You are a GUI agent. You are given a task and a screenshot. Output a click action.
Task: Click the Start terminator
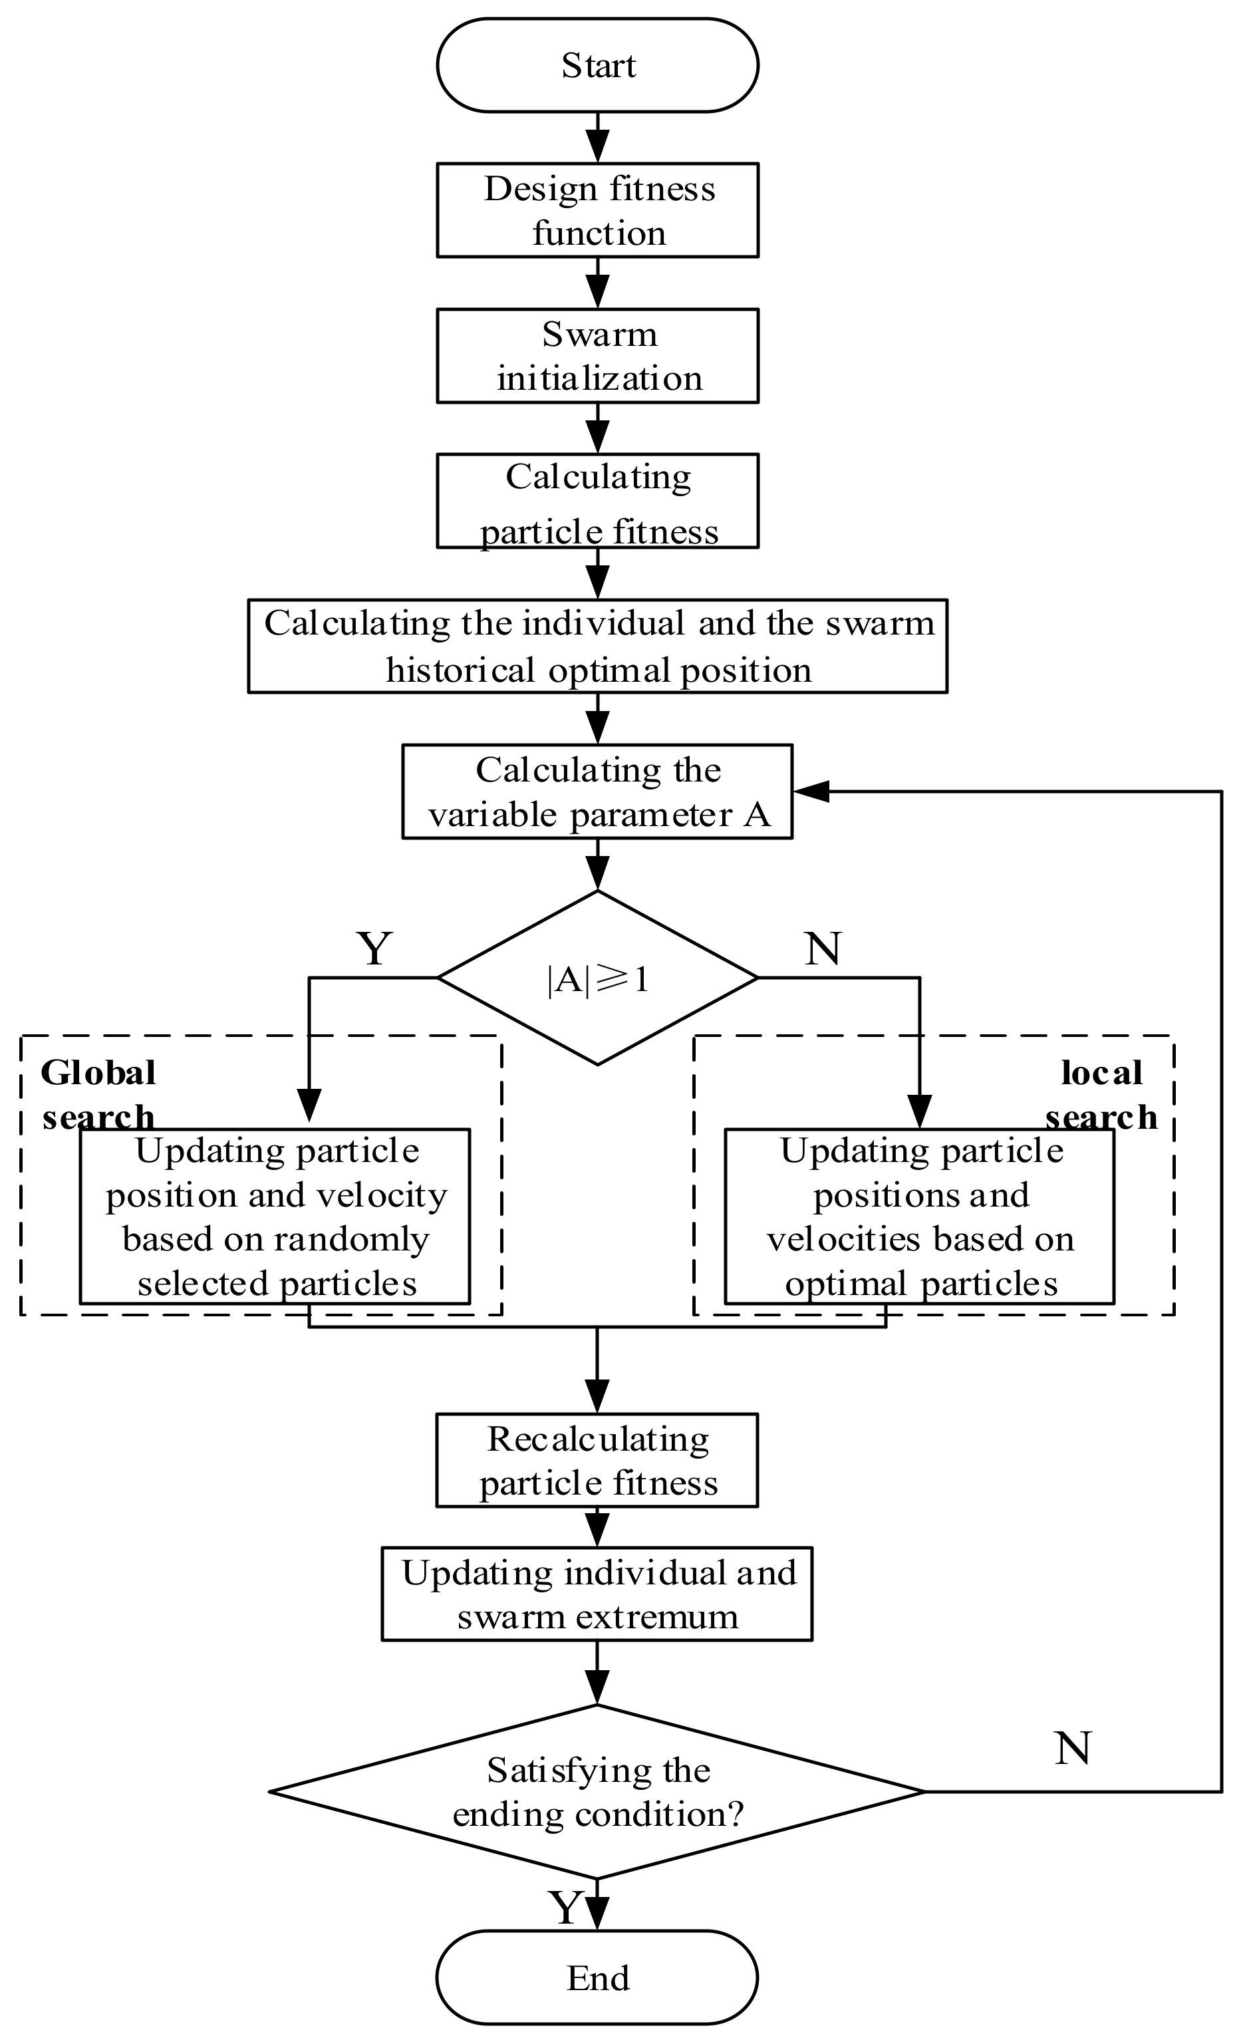pyautogui.click(x=597, y=65)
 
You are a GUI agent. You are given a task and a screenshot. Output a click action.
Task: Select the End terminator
pyautogui.click(x=597, y=1977)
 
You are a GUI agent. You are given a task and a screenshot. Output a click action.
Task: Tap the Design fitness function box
pyautogui.click(x=597, y=210)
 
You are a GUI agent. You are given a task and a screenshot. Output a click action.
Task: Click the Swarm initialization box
pyautogui.click(x=597, y=356)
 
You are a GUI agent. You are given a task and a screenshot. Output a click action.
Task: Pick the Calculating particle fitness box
pyautogui.click(x=597, y=502)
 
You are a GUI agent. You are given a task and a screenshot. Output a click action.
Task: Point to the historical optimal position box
pyautogui.click(x=597, y=646)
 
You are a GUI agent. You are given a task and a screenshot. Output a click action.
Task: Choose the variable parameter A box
pyautogui.click(x=597, y=792)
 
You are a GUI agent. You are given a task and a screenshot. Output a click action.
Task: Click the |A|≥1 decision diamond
pyautogui.click(x=597, y=978)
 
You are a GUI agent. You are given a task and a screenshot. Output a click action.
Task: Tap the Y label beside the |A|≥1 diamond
pyautogui.click(x=374, y=948)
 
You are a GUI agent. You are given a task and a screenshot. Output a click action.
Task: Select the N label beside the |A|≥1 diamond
pyautogui.click(x=822, y=948)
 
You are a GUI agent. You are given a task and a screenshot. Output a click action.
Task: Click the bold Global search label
pyautogui.click(x=98, y=1094)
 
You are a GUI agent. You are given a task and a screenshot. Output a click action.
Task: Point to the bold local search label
pyautogui.click(x=1101, y=1094)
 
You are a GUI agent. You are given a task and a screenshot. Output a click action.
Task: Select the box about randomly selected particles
pyautogui.click(x=275, y=1216)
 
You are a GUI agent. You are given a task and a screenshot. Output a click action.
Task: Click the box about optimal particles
pyautogui.click(x=919, y=1216)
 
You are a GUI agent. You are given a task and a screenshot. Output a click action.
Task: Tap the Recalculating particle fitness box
pyautogui.click(x=597, y=1460)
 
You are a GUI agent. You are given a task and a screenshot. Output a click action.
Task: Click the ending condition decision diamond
pyautogui.click(x=597, y=1791)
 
